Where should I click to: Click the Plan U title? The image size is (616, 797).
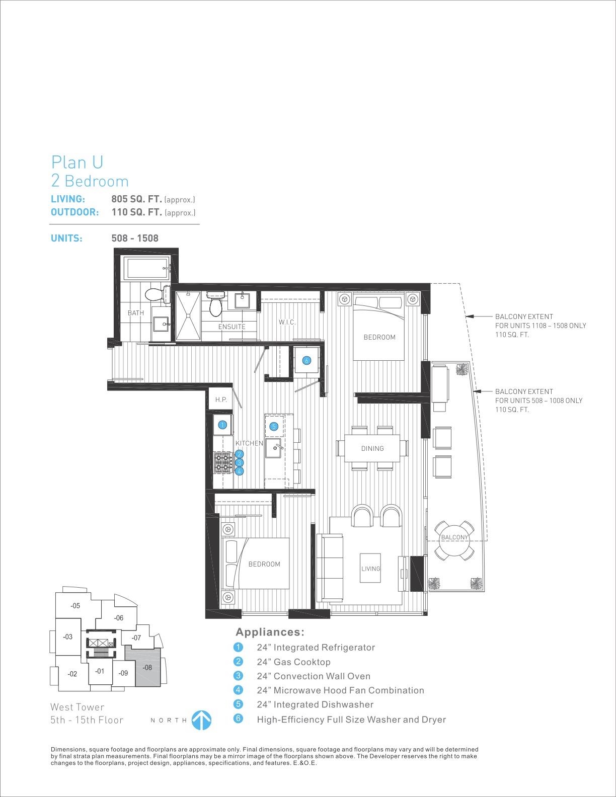77,163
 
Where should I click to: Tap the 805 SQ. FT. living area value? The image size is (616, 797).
136,199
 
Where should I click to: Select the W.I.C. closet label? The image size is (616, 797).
287,322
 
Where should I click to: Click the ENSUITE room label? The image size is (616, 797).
232,327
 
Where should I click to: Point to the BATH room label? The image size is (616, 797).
136,313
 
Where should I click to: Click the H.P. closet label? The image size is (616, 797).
221,400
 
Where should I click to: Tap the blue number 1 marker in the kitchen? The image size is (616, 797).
222,425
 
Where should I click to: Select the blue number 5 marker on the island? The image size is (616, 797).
273,427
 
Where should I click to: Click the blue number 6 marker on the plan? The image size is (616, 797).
306,361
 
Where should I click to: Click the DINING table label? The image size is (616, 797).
372,449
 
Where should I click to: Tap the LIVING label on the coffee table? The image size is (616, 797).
370,569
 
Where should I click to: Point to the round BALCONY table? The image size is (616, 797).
454,538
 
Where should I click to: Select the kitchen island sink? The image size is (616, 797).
273,448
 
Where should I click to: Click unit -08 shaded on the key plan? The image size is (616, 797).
147,668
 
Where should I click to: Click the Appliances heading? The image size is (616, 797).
270,632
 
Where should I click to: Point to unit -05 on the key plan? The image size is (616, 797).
75,605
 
